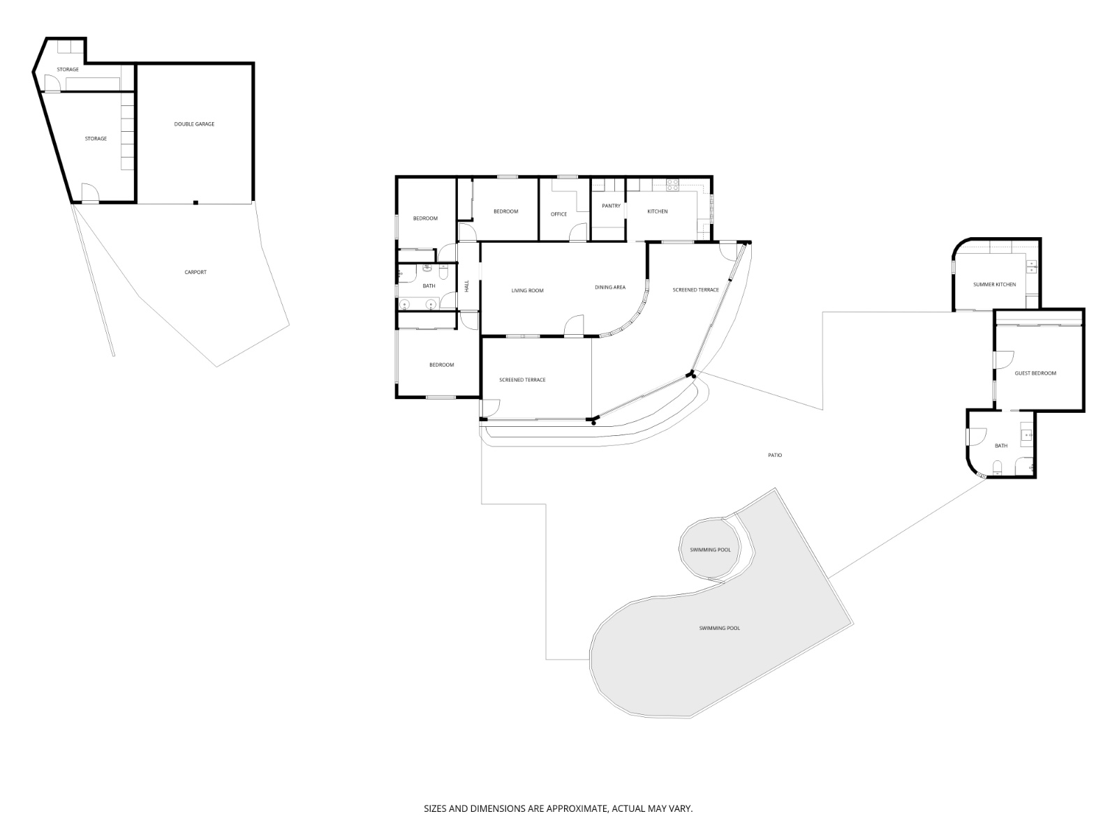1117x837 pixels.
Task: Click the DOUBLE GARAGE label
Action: tap(194, 124)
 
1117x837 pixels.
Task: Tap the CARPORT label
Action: tap(195, 272)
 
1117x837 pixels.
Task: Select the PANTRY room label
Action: tap(611, 206)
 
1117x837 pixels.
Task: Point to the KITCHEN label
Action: tap(657, 211)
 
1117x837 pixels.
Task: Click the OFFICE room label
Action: tap(558, 214)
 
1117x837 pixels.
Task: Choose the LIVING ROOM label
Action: tap(527, 290)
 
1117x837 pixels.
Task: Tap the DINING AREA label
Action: tap(609, 287)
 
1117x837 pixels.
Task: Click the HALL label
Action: tap(467, 286)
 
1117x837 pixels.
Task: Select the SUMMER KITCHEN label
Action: tap(994, 285)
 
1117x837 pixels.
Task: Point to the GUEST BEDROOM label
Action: tap(1035, 373)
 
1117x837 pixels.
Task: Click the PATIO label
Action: tap(775, 455)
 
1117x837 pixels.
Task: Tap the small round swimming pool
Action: tap(710, 550)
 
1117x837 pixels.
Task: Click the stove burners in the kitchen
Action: tap(672, 185)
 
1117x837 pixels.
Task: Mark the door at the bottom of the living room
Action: tap(574, 326)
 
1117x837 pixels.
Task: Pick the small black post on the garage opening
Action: tap(196, 203)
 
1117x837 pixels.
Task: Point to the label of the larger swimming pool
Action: tap(719, 628)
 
